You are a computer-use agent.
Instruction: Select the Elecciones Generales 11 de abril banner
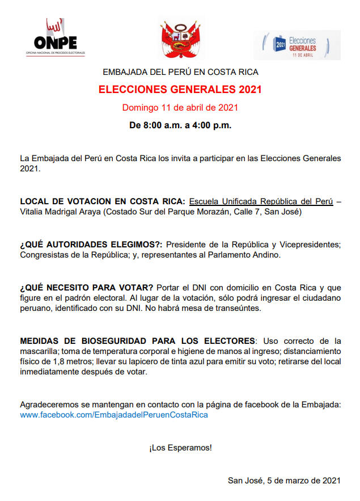pos(297,45)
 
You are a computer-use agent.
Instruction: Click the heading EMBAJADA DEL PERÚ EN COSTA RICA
pos(180,73)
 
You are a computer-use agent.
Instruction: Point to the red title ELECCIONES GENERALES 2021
pos(180,90)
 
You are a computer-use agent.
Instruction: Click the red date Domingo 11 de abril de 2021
pos(180,107)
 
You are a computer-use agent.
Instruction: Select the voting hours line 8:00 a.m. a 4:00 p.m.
pos(180,125)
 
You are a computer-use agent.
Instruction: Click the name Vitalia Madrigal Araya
pos(62,212)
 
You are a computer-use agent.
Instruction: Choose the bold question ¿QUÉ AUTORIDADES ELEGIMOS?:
pos(91,245)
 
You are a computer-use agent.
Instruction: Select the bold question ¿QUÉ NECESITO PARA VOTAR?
pos(87,287)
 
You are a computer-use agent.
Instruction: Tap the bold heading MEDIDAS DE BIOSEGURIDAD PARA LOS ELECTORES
pos(137,340)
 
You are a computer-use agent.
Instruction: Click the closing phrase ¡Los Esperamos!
pos(180,448)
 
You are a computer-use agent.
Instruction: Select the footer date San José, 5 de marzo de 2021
pos(284,480)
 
